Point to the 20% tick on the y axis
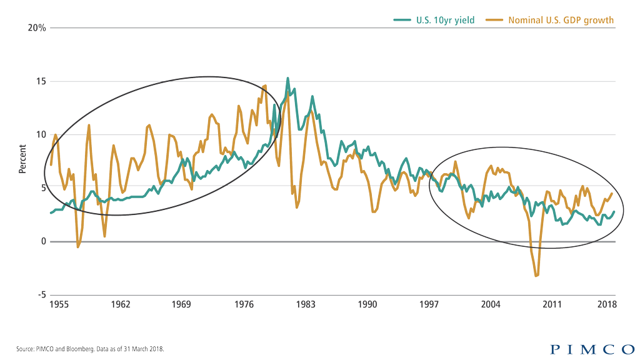point(37,28)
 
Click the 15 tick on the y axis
point(41,81)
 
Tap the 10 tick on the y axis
point(41,134)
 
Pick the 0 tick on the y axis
point(43,241)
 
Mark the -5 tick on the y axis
point(41,294)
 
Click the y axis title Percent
point(22,159)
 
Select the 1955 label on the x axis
point(59,304)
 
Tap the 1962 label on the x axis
point(121,304)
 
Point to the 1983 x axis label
point(306,304)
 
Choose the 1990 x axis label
point(367,304)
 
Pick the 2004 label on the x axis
point(491,304)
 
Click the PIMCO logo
point(592,349)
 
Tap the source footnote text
point(90,349)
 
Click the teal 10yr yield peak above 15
point(287,79)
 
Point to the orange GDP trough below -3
point(536,276)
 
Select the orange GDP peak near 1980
point(264,86)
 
